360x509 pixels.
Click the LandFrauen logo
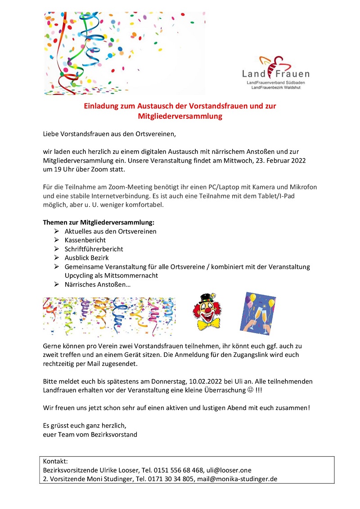tap(275, 72)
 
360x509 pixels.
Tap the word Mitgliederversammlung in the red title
tap(180, 116)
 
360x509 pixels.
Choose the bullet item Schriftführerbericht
tap(94, 249)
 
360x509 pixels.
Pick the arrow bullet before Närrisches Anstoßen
tap(56, 284)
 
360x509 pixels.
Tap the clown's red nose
tap(207, 310)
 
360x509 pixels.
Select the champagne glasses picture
tap(257, 313)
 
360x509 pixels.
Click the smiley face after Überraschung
tap(250, 390)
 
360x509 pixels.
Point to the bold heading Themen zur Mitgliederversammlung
tap(99, 222)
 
